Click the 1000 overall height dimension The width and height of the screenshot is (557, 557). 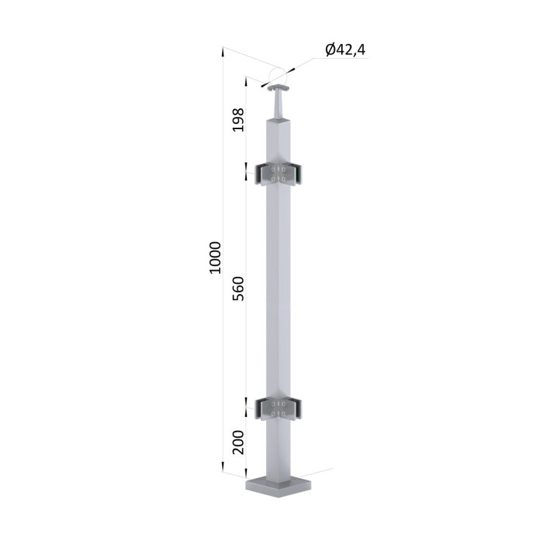point(215,258)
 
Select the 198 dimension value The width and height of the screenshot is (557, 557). point(238,120)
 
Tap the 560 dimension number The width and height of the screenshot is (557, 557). point(238,289)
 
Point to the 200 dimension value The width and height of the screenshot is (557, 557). point(238,443)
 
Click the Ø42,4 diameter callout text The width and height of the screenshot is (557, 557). point(345,50)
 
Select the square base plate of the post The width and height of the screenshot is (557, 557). point(278,488)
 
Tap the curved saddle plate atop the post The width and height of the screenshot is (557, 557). point(278,87)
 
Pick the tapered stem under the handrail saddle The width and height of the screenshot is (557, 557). point(278,104)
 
